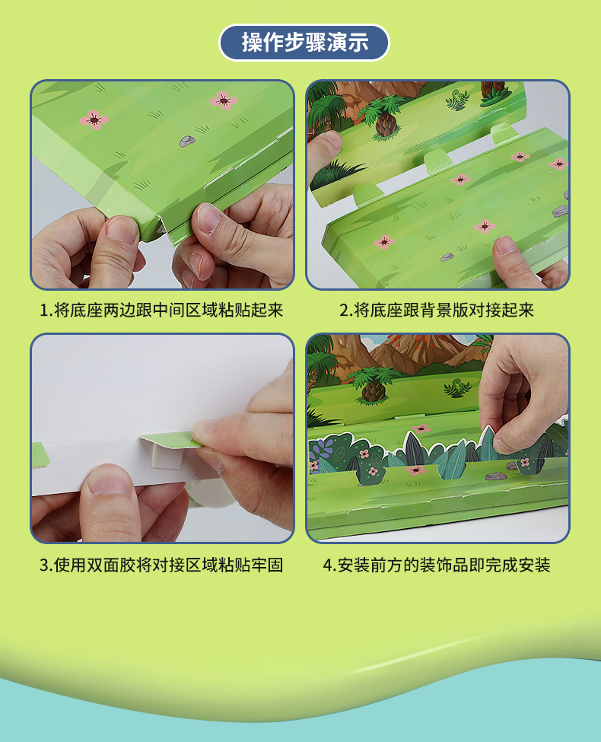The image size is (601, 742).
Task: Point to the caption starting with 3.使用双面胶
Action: point(161,565)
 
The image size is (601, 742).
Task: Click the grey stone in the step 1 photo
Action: point(186,141)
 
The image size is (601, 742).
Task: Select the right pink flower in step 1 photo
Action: point(223,100)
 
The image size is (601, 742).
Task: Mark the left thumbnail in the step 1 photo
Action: point(120,229)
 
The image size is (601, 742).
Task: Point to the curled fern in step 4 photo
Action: point(457,389)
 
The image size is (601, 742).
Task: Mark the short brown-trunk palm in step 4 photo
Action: point(373,387)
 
